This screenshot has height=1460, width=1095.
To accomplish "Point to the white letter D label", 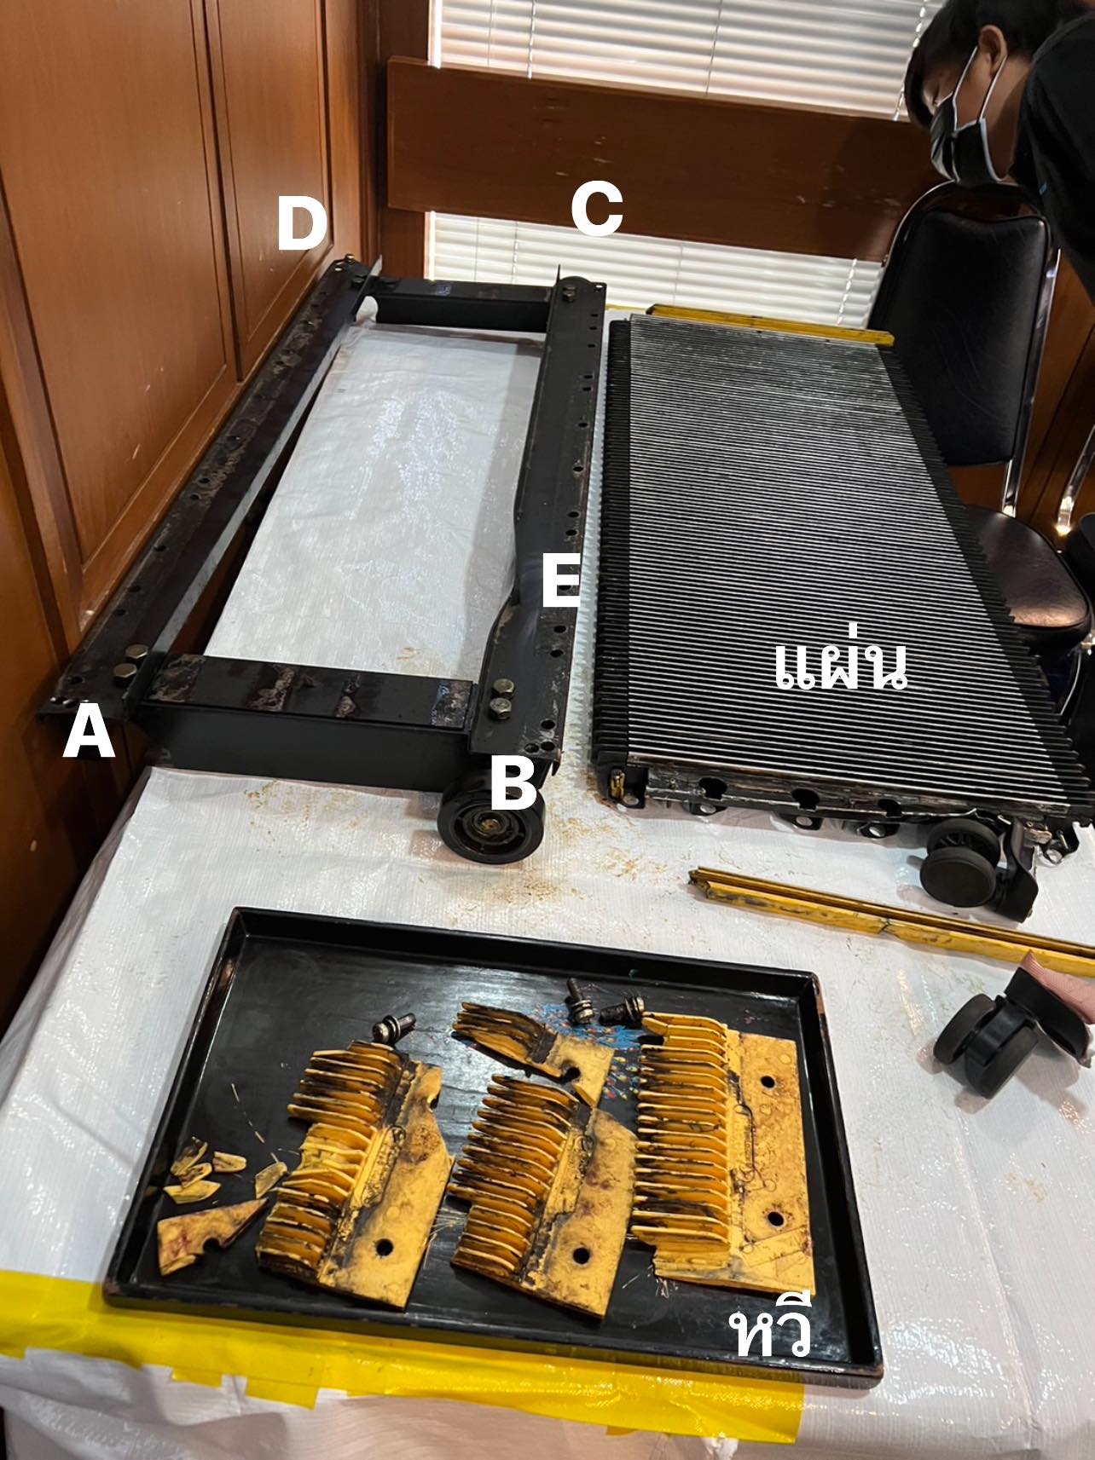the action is point(303,226).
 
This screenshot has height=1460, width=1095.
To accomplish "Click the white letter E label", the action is point(560,582).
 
